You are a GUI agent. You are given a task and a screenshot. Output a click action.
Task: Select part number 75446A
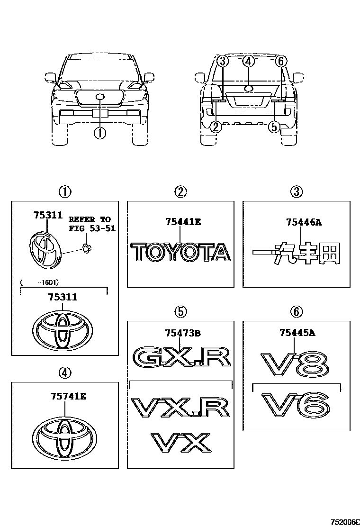point(304,221)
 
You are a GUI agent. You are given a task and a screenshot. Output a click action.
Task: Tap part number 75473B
point(183,333)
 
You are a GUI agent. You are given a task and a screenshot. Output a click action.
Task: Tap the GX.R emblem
point(182,359)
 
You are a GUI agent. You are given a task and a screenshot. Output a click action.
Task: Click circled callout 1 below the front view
point(99,134)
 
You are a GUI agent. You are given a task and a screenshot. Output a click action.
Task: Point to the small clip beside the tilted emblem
point(87,247)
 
